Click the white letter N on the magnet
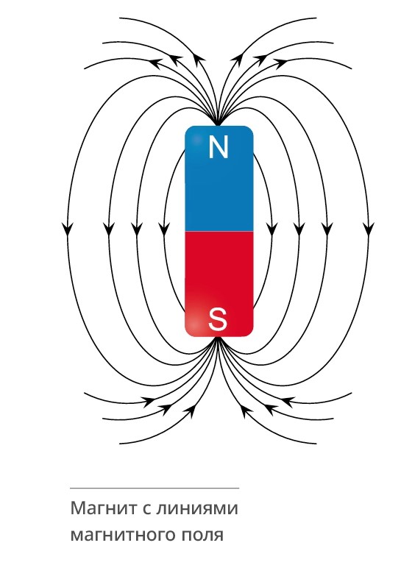[219, 147]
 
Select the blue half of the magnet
[219, 178]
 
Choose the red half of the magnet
[219, 284]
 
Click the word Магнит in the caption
[104, 508]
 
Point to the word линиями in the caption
[197, 508]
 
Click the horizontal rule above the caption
[155, 488]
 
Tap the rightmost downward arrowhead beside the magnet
[368, 230]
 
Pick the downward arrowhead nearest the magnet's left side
[164, 230]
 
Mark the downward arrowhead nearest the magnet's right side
[272, 230]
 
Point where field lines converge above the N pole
[218, 124]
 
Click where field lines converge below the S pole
[218, 338]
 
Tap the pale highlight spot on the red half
[194, 324]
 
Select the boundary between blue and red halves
[219, 231]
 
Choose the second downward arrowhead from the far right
[327, 230]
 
